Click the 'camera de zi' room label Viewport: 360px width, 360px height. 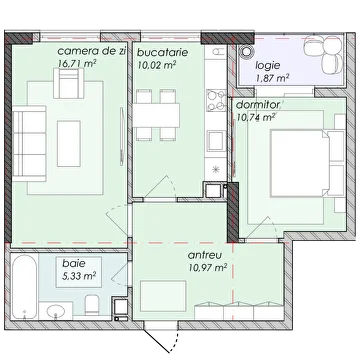point(92,52)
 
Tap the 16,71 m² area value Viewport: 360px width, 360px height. point(77,63)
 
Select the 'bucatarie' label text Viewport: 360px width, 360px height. point(163,52)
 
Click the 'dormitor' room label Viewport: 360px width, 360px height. point(257,105)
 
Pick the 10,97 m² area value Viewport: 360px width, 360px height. point(207,268)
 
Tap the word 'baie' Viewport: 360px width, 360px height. point(74,263)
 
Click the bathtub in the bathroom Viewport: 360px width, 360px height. point(23,287)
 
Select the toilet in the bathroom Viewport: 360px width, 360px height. point(91,305)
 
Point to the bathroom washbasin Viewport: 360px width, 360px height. point(56,311)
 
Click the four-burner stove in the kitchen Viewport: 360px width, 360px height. point(216,100)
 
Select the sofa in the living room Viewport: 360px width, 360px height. point(29,144)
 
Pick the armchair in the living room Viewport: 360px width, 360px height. point(69,83)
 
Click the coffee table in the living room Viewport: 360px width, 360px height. point(69,144)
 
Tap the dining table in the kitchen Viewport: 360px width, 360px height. point(156,115)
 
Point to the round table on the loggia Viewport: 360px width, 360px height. point(247,52)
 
